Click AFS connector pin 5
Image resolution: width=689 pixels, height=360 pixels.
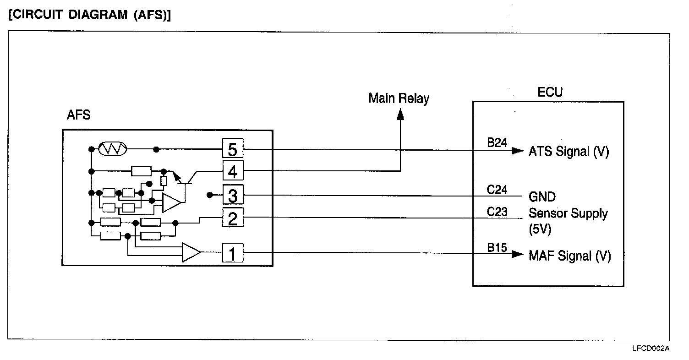[233, 149]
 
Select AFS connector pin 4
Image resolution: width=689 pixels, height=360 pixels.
[233, 171]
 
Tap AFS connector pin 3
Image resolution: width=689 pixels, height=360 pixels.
[233, 196]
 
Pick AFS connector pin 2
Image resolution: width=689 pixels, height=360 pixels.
[233, 218]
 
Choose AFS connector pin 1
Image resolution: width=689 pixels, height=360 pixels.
[233, 252]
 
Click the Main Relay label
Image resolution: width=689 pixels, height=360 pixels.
[399, 98]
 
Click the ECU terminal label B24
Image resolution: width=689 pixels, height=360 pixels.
[497, 143]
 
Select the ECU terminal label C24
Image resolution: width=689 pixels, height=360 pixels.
[497, 189]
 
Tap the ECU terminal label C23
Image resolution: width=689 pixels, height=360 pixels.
[497, 212]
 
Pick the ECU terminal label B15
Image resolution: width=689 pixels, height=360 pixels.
[497, 248]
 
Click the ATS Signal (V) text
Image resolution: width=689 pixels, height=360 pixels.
[569, 152]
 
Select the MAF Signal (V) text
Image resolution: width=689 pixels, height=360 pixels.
[569, 256]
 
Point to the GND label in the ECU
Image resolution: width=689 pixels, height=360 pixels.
[542, 197]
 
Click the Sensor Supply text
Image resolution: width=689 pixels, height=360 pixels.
[568, 213]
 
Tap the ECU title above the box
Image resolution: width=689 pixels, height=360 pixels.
[550, 93]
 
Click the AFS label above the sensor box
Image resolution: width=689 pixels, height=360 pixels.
[79, 115]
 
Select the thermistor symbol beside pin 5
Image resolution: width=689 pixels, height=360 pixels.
[112, 149]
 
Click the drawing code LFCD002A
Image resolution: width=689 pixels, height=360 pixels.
[651, 349]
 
